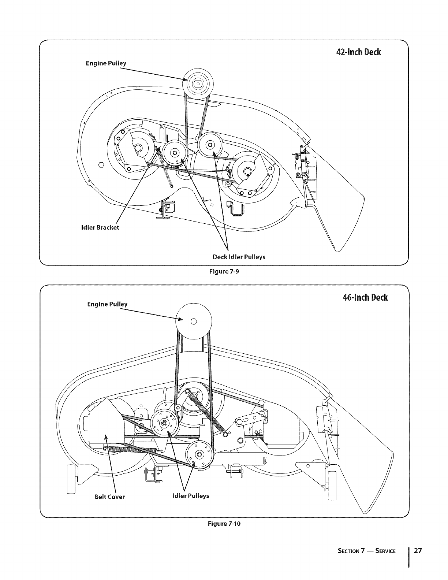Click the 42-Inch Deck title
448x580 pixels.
coord(358,52)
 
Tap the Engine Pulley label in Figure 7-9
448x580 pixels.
coord(106,63)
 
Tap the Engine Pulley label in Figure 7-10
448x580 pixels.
coord(107,304)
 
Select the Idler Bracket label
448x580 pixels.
coord(100,227)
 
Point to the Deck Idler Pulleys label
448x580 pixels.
coord(239,257)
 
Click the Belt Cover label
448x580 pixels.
coord(110,497)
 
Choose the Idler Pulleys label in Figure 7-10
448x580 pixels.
coord(191,496)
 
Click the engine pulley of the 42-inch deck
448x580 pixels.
coord(198,84)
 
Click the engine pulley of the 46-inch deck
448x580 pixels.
coord(194,321)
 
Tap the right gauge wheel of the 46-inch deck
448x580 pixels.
coord(332,486)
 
